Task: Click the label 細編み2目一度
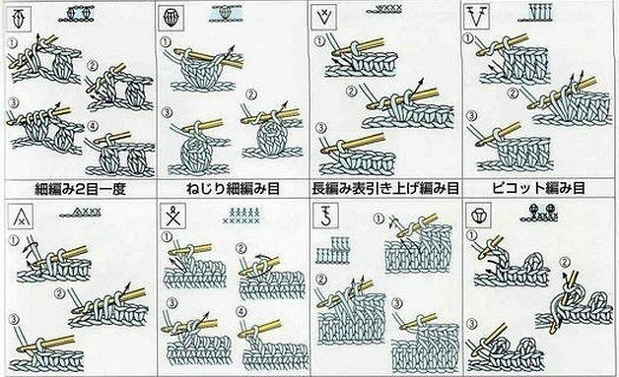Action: coord(80,189)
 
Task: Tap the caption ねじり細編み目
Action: coord(233,189)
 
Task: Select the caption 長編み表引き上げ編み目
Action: coord(385,188)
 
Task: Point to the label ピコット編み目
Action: coord(539,188)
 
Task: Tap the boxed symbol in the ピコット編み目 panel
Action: coord(476,17)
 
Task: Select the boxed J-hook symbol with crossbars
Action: coord(324,216)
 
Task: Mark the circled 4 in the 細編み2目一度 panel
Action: coord(92,127)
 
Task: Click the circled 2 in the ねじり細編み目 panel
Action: coord(251,94)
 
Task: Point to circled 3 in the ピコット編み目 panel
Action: coord(471,116)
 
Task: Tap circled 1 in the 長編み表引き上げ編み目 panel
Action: coord(319,41)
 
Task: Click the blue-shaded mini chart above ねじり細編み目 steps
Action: coord(226,14)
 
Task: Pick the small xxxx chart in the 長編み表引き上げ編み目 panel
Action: coord(384,9)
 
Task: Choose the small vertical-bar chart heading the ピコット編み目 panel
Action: coord(535,13)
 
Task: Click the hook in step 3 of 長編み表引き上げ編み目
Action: coord(353,143)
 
